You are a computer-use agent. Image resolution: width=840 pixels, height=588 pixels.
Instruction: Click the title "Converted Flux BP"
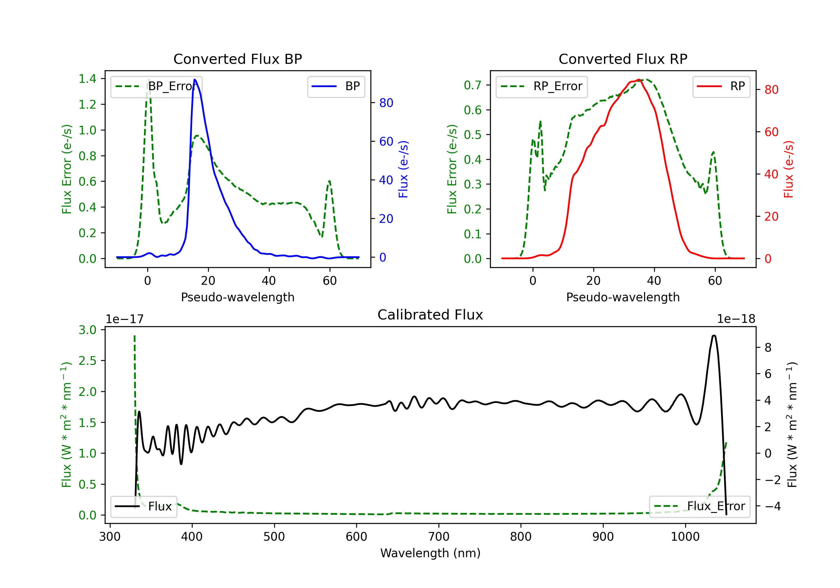point(238,59)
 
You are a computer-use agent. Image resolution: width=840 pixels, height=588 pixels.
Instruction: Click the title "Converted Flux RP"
point(623,59)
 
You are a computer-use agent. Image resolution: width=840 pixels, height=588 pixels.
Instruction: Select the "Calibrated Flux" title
point(430,315)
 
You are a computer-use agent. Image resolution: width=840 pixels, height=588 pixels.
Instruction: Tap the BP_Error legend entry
point(157,86)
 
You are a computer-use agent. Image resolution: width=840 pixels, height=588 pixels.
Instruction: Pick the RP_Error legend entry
point(542,86)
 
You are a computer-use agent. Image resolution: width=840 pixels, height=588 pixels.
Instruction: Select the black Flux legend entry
point(144,507)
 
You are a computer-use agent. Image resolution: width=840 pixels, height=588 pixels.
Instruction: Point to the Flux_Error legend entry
point(699,507)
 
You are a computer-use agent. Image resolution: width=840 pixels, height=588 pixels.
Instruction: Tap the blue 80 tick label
point(386,103)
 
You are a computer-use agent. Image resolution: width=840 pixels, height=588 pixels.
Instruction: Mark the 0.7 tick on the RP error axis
point(473,85)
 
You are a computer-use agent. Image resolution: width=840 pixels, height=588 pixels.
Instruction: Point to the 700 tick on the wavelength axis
point(439,537)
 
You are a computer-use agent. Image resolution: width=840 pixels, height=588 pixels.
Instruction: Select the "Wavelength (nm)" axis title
point(430,553)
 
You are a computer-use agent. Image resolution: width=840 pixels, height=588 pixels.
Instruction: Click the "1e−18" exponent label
point(736,319)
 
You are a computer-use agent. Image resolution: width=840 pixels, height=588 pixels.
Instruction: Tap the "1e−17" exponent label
point(125,319)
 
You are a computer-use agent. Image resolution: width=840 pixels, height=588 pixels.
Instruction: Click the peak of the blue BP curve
point(195,80)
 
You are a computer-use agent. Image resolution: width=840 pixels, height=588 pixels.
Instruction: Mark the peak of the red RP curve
point(638,80)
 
